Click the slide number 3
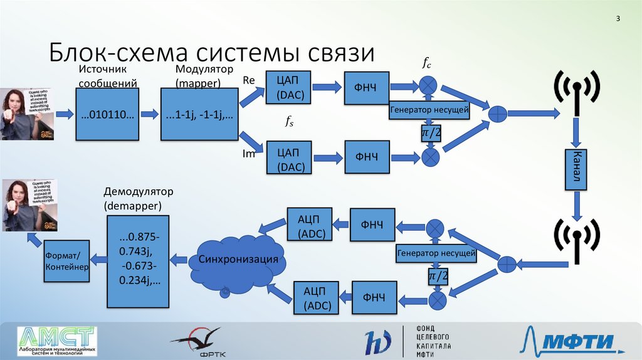(618, 19)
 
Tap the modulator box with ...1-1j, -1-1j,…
(199, 114)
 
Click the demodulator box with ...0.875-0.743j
(138, 261)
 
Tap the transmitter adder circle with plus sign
(497, 114)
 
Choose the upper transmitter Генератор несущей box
(429, 110)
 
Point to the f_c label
(426, 63)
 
